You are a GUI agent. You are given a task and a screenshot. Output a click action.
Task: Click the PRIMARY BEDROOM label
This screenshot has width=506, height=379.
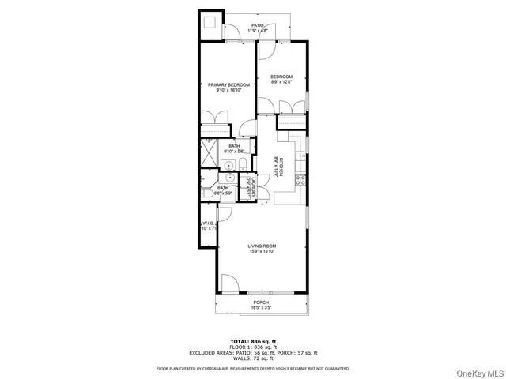tap(229, 84)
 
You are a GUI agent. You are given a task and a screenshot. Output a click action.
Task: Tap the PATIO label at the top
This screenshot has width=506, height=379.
tap(258, 25)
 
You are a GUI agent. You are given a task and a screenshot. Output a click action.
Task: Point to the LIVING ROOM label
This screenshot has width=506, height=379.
tap(260, 245)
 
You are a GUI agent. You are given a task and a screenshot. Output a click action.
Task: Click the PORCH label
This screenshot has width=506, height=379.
tap(261, 302)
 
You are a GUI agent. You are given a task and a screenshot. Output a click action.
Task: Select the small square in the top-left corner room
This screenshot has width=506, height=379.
tap(212, 24)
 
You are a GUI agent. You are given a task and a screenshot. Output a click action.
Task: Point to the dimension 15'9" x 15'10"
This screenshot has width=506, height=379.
tap(260, 251)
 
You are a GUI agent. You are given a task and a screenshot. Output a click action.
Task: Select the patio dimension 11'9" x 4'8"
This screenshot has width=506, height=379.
tap(258, 31)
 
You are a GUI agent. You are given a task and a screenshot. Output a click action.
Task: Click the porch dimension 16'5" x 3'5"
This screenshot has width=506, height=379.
tap(261, 308)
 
